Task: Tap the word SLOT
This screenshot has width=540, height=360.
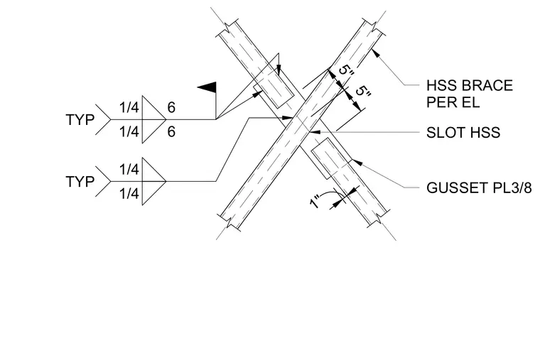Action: click(x=443, y=133)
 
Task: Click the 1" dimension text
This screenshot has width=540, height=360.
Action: click(x=315, y=202)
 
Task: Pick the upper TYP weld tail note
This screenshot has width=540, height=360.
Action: click(x=80, y=120)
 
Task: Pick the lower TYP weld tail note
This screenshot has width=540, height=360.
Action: click(x=80, y=181)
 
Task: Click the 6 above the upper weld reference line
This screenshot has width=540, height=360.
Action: click(x=171, y=107)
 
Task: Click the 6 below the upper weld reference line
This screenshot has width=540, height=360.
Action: click(x=171, y=132)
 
